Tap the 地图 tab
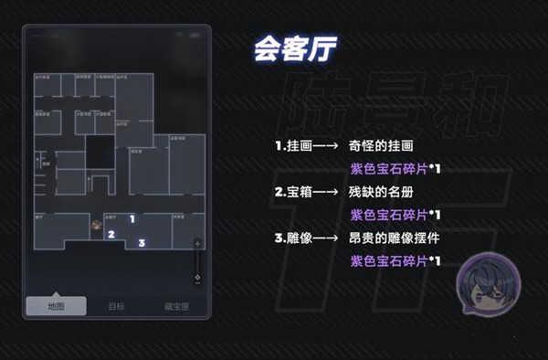(x=57, y=306)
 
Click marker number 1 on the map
(x=132, y=218)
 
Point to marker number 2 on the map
(x=111, y=234)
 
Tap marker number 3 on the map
(x=142, y=243)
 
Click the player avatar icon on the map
(x=96, y=223)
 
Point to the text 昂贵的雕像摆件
(x=394, y=239)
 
